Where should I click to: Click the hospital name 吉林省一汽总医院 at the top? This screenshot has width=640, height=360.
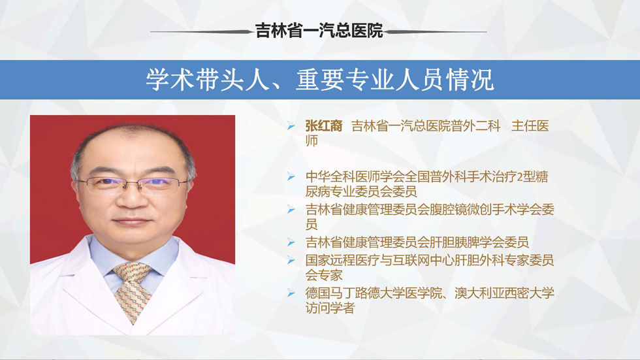[319, 31]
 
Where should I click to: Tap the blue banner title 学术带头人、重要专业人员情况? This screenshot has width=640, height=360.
[320, 80]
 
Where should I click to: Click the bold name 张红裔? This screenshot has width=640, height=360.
[324, 126]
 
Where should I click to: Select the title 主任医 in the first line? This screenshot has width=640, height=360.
[530, 126]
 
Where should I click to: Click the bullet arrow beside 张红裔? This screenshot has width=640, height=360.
[291, 125]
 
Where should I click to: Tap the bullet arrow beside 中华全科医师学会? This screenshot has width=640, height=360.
[291, 177]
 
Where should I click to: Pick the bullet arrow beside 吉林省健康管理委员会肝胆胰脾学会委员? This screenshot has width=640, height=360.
[291, 242]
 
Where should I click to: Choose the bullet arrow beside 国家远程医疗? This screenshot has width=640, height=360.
[291, 260]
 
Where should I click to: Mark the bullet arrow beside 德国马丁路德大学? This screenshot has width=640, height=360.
[291, 293]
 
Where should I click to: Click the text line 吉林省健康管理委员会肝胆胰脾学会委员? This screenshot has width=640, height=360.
[417, 242]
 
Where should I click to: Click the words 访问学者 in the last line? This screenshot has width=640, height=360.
[330, 308]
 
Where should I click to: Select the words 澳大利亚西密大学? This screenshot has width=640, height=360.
[504, 293]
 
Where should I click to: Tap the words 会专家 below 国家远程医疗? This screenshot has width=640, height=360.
[324, 275]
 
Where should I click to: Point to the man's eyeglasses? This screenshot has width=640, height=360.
[132, 185]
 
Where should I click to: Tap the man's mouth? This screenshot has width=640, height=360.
[131, 221]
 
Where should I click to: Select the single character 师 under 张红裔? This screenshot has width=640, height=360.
[312, 141]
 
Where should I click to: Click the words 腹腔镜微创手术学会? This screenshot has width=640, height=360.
[485, 210]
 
